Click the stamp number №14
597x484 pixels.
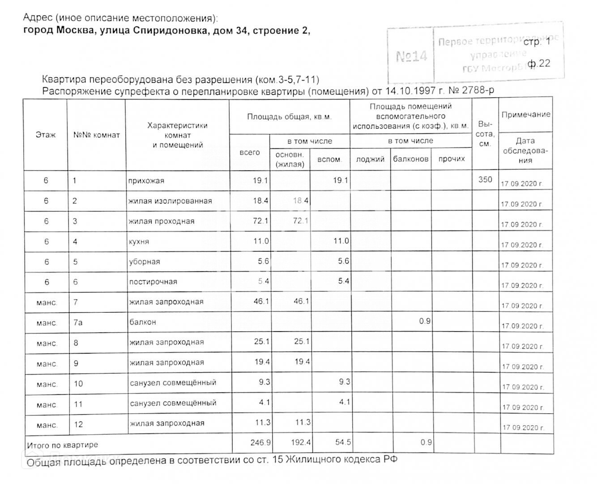click(411, 56)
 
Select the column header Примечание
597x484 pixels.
click(526, 115)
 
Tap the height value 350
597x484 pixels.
click(485, 180)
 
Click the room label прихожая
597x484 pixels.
click(146, 181)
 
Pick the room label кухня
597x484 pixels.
click(139, 242)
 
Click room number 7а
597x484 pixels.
click(78, 322)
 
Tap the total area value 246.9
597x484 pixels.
click(260, 443)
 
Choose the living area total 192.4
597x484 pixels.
click(301, 443)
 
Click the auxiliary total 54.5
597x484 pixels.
click(343, 443)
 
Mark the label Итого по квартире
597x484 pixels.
click(62, 445)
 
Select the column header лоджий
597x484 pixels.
click(370, 159)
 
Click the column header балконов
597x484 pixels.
click(410, 159)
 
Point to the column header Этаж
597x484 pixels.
click(46, 134)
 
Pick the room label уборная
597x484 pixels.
click(144, 262)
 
